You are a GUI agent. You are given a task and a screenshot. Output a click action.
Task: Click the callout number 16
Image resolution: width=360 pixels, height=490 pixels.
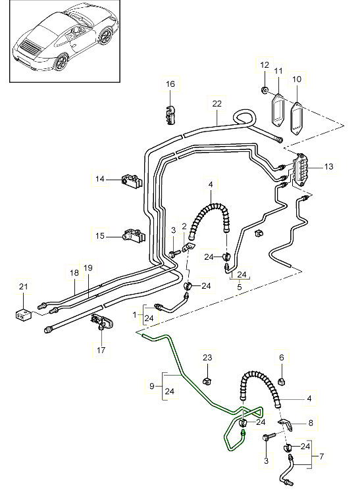[x=170, y=84]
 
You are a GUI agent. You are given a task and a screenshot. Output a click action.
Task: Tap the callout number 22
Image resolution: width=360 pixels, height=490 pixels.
[x=217, y=103]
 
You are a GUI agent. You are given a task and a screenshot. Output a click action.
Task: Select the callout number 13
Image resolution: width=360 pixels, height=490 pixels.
[x=328, y=166]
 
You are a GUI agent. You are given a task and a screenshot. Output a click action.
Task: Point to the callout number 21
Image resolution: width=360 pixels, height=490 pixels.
[x=24, y=286]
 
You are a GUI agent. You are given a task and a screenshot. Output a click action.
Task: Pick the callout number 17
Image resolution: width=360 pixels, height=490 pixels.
[x=101, y=350]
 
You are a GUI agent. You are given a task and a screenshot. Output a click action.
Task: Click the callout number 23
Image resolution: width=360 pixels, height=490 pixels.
[x=207, y=358]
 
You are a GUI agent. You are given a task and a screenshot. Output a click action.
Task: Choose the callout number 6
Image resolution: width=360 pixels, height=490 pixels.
[x=282, y=358]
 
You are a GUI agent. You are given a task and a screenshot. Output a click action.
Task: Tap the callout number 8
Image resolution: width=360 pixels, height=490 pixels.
[x=310, y=422]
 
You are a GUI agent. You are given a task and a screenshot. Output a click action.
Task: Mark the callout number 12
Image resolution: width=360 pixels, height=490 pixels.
[x=265, y=65]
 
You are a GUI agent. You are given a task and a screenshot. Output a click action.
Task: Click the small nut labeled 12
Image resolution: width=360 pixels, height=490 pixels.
[x=265, y=91]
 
